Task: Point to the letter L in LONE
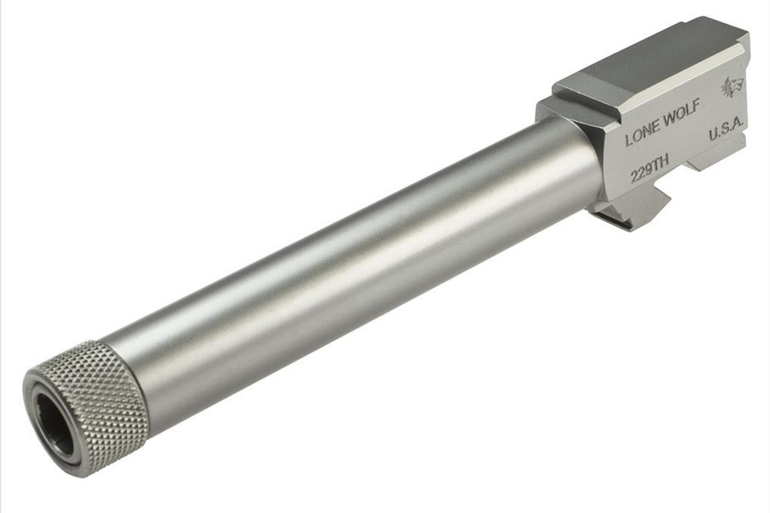pyautogui.click(x=629, y=141)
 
